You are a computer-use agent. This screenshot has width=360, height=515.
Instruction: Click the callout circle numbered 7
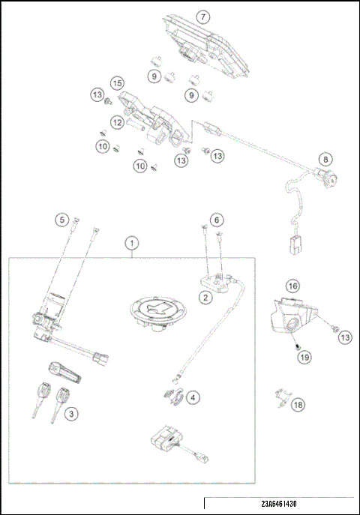click(x=201, y=16)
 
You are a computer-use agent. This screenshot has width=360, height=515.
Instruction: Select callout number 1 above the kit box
click(x=132, y=243)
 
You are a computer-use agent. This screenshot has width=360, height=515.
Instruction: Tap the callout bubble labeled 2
click(x=204, y=297)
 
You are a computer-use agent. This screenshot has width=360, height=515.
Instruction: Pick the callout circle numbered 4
click(x=194, y=397)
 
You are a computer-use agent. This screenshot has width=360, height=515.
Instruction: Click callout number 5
click(x=62, y=220)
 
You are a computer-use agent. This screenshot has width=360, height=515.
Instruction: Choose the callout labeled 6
click(x=215, y=220)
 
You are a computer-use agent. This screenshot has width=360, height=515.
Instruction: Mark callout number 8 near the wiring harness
click(x=325, y=159)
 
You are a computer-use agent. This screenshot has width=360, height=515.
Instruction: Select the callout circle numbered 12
click(x=117, y=122)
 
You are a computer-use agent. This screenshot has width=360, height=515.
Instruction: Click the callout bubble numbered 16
click(x=292, y=286)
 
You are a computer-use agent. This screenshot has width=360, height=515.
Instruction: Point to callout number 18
click(x=298, y=405)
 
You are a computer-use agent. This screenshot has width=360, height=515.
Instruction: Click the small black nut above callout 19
click(x=297, y=346)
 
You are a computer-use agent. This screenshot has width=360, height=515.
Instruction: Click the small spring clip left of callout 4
click(x=172, y=394)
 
